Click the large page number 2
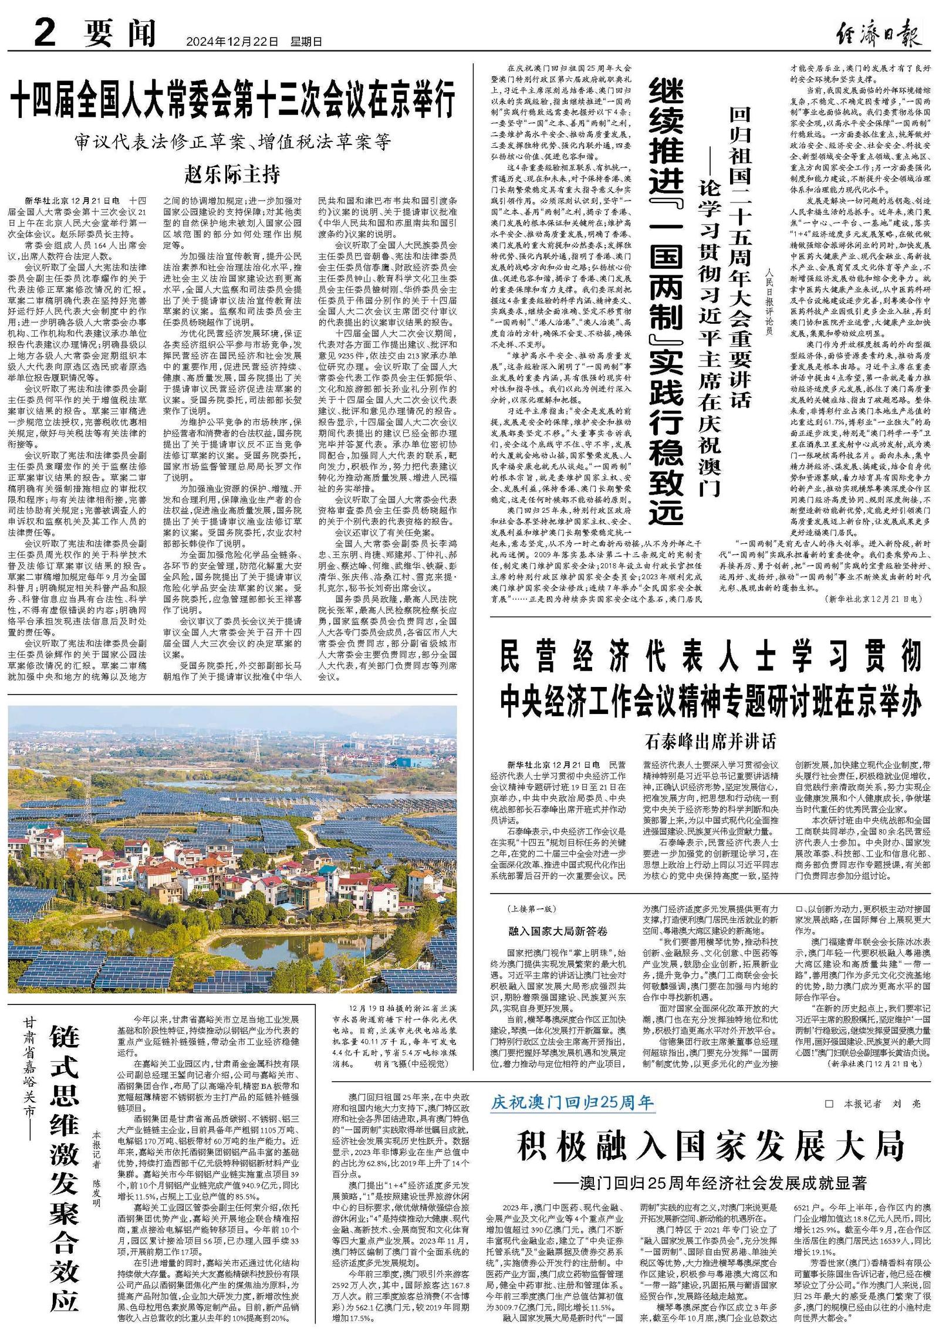(45, 32)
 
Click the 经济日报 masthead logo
(878, 33)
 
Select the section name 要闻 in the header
(120, 33)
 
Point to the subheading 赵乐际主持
(232, 174)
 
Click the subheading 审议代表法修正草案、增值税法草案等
(232, 141)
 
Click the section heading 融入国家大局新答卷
(558, 930)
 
